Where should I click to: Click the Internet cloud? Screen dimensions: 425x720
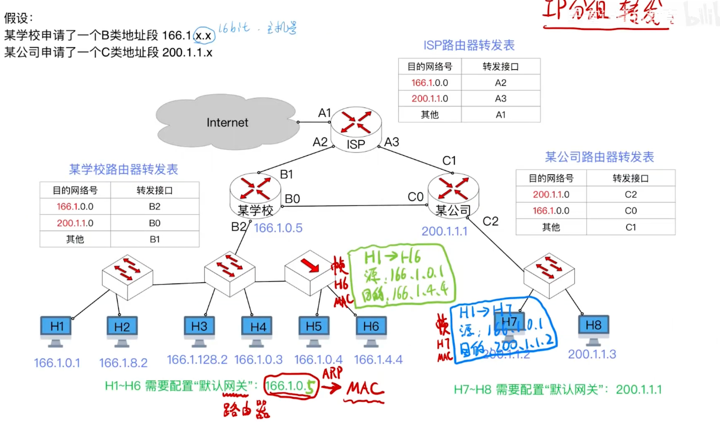(x=227, y=122)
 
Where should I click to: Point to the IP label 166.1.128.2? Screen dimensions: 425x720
(x=197, y=359)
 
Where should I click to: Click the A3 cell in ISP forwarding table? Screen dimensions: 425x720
(x=500, y=98)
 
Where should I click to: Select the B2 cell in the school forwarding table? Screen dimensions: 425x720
(x=155, y=207)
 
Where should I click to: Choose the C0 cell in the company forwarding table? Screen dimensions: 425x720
(x=630, y=211)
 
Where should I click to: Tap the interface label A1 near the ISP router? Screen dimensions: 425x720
(x=324, y=113)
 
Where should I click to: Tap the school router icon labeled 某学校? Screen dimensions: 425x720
(x=255, y=192)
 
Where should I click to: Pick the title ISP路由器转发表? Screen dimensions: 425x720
(x=469, y=45)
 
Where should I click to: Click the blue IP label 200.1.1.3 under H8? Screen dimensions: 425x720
(x=592, y=354)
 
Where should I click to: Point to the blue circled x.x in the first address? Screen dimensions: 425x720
(x=204, y=36)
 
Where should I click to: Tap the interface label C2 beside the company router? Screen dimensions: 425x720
(x=490, y=221)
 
